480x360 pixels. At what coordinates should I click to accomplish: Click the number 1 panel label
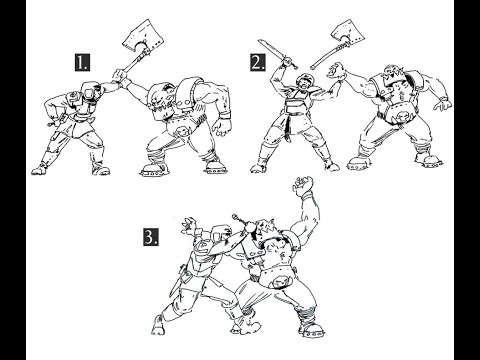[82, 63]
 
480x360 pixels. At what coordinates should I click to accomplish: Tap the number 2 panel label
[258, 63]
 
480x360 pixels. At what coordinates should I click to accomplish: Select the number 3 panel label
[151, 238]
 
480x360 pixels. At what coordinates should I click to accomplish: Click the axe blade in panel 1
[143, 36]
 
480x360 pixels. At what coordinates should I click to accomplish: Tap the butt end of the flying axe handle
[313, 68]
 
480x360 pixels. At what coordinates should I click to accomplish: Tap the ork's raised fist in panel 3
[303, 185]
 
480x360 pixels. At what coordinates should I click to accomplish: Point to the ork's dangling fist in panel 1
[220, 126]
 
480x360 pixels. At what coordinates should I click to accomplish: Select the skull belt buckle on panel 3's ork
[279, 282]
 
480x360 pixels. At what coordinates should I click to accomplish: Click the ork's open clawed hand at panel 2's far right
[443, 104]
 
